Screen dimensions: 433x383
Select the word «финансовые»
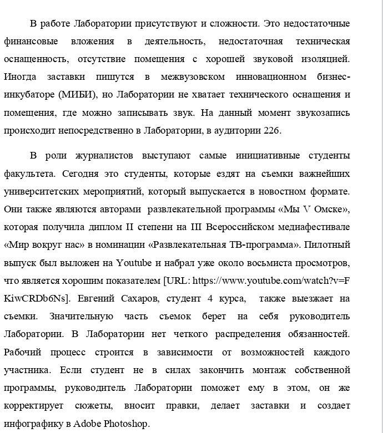[27, 42]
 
